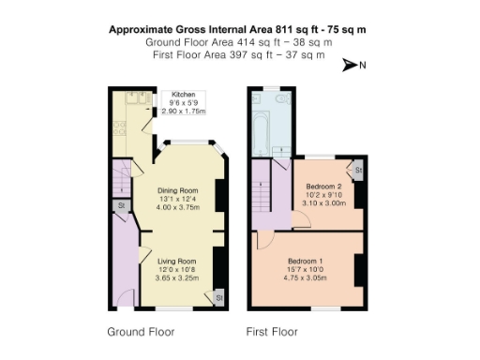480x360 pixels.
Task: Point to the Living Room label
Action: point(175,261)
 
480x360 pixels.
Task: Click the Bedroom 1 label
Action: point(306,260)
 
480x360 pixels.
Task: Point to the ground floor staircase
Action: point(118,178)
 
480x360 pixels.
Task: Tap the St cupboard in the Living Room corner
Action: point(217,296)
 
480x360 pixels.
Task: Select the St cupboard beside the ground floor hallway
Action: point(122,206)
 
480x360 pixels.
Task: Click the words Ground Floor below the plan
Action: point(141,332)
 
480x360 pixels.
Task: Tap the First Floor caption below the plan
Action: point(272,332)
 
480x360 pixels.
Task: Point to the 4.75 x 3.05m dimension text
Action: point(306,277)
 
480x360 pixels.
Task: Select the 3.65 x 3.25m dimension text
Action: point(175,278)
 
